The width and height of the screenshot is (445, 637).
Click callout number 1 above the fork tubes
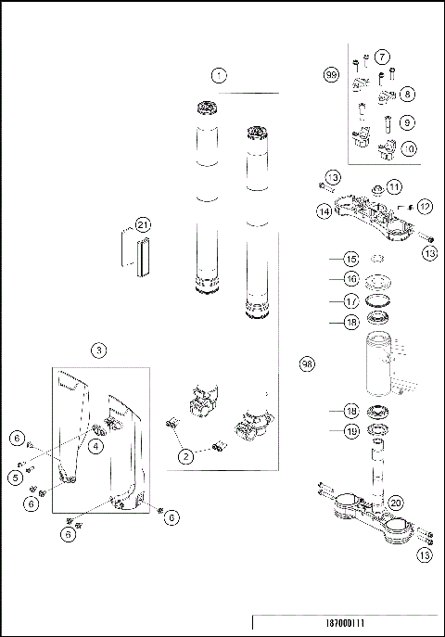point(218,74)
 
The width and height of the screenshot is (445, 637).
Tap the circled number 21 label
point(142,224)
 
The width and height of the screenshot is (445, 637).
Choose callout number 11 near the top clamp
point(394,186)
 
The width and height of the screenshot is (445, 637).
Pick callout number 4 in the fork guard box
point(95,445)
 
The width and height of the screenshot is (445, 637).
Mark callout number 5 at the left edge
point(16,478)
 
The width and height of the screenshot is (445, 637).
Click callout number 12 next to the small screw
point(426,206)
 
